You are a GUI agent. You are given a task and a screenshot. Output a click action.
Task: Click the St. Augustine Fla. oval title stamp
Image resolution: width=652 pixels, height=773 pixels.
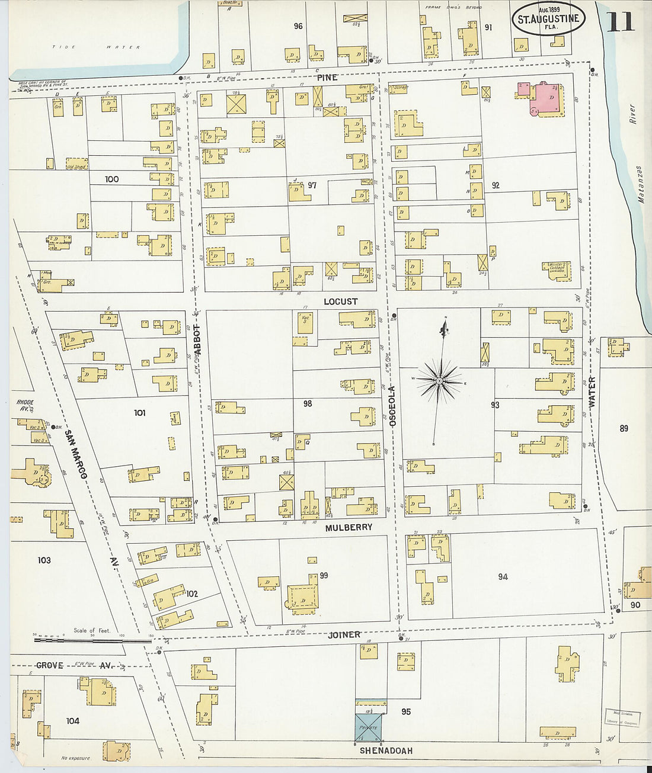pyautogui.click(x=548, y=19)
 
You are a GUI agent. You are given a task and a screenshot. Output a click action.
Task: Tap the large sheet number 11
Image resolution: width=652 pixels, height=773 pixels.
pyautogui.click(x=620, y=21)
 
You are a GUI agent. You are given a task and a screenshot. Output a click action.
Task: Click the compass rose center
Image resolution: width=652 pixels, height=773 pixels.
pyautogui.click(x=439, y=381)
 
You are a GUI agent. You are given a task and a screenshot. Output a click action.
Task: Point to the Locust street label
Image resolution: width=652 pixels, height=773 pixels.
pyautogui.click(x=340, y=301)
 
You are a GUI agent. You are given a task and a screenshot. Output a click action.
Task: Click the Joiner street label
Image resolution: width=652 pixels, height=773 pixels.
pyautogui.click(x=344, y=634)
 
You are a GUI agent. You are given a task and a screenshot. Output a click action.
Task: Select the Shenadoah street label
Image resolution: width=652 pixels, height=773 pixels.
pyautogui.click(x=386, y=750)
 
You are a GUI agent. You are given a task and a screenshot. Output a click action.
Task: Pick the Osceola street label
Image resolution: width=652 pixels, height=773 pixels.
pyautogui.click(x=392, y=406)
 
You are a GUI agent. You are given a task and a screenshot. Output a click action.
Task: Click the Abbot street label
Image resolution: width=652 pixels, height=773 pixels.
pyautogui.click(x=198, y=339)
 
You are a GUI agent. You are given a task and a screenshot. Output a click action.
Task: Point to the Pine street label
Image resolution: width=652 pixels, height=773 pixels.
pyautogui.click(x=327, y=78)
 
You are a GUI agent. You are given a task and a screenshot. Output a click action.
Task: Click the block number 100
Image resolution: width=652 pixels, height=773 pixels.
pyautogui.click(x=111, y=179)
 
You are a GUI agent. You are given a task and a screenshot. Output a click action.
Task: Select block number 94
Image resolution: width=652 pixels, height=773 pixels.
pyautogui.click(x=503, y=576)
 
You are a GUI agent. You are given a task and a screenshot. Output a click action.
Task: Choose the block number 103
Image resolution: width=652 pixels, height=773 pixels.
pyautogui.click(x=44, y=560)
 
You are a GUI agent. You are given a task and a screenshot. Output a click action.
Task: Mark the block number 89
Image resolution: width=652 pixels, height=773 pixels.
pyautogui.click(x=624, y=428)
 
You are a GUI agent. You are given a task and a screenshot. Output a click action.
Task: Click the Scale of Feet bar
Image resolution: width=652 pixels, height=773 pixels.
pyautogui.click(x=92, y=640)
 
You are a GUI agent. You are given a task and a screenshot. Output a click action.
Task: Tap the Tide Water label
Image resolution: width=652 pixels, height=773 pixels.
pyautogui.click(x=96, y=47)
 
